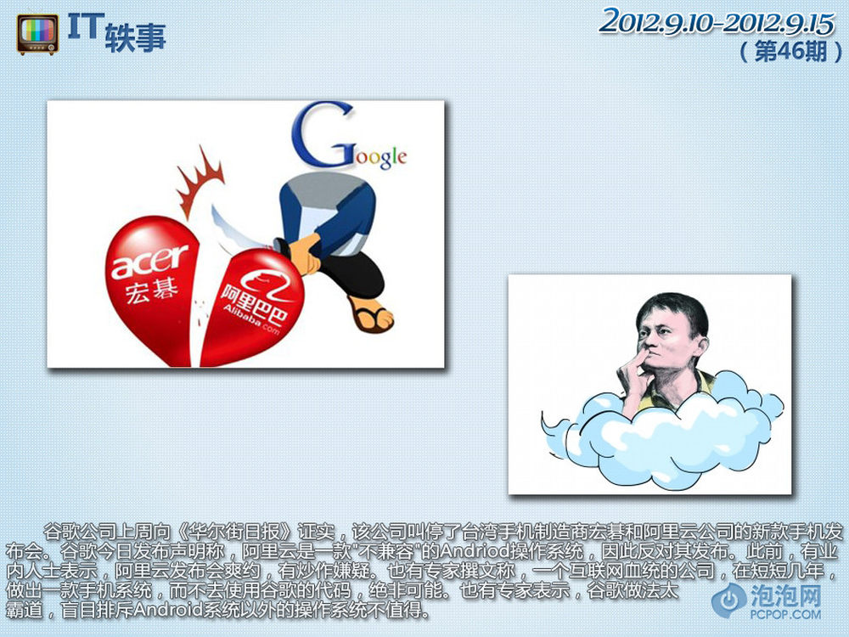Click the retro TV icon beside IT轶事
pos(37,34)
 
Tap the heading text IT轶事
pos(116,32)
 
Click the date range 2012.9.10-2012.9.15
pos(717,23)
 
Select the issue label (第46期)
pos(790,52)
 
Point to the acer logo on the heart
pos(149,261)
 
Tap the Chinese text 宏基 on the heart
pos(152,292)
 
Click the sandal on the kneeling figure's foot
pos(370,313)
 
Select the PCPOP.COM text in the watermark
pos(785,614)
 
